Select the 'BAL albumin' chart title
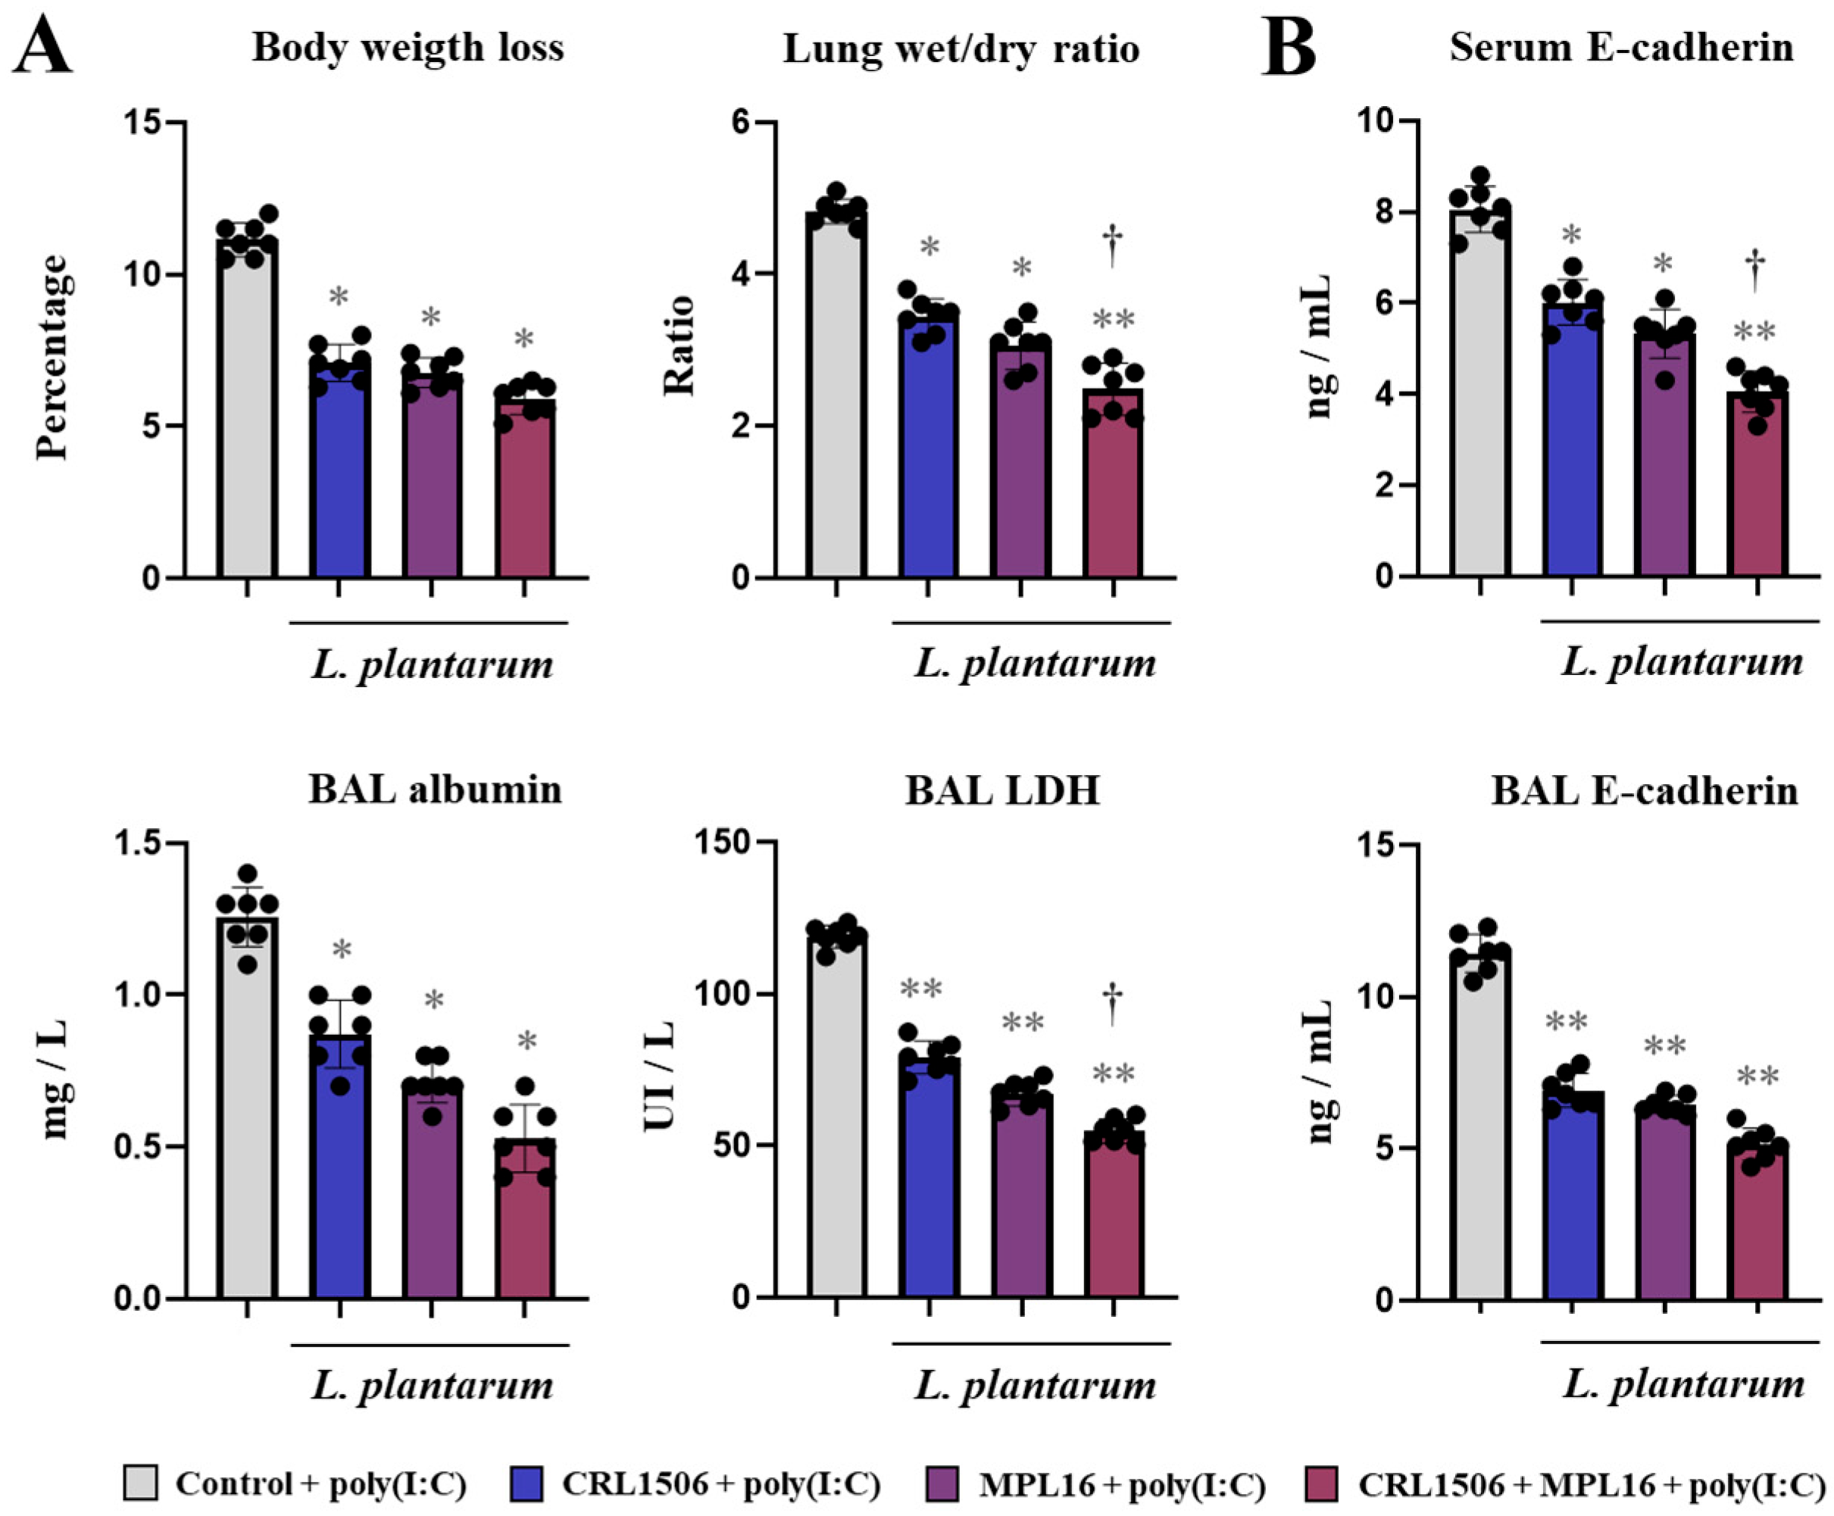pos(435,789)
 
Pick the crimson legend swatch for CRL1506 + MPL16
pos(1320,1483)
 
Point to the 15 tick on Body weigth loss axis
pos(142,122)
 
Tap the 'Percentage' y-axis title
pos(52,356)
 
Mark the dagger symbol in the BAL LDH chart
pos(1113,1005)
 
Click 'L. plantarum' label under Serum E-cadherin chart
pos(1682,662)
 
